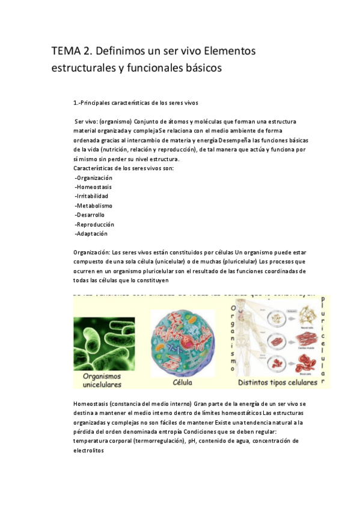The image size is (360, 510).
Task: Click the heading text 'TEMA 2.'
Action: [x=71, y=52]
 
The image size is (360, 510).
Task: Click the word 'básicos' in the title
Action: [x=200, y=68]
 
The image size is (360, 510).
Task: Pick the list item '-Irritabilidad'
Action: [x=91, y=196]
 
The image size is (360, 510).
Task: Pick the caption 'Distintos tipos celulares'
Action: [x=277, y=381]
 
